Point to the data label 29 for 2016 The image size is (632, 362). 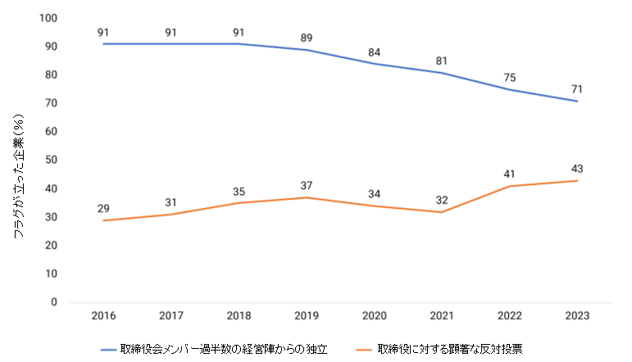[x=104, y=208]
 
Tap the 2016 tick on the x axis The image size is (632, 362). [x=104, y=314]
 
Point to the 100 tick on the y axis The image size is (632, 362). [x=49, y=18]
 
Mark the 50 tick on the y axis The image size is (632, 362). [x=52, y=160]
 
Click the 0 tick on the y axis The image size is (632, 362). [x=54, y=302]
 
